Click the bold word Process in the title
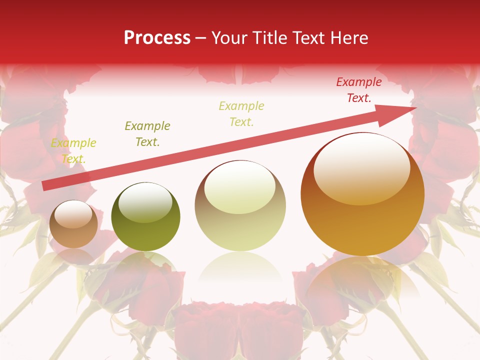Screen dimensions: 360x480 coord(157,38)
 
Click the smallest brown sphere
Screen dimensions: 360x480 coord(73,224)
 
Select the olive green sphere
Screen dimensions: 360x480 coord(145,216)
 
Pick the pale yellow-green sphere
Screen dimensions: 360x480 coord(240,206)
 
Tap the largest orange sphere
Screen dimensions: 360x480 coord(362,194)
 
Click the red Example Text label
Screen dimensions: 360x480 coord(358,90)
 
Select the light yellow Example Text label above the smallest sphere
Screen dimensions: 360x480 coord(73,151)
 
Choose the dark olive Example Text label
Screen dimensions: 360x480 coord(147,133)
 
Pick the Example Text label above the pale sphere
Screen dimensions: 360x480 coord(241,113)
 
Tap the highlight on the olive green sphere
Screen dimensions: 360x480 coord(145,202)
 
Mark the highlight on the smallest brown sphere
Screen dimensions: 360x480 coord(73,215)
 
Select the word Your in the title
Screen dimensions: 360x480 coord(227,38)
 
